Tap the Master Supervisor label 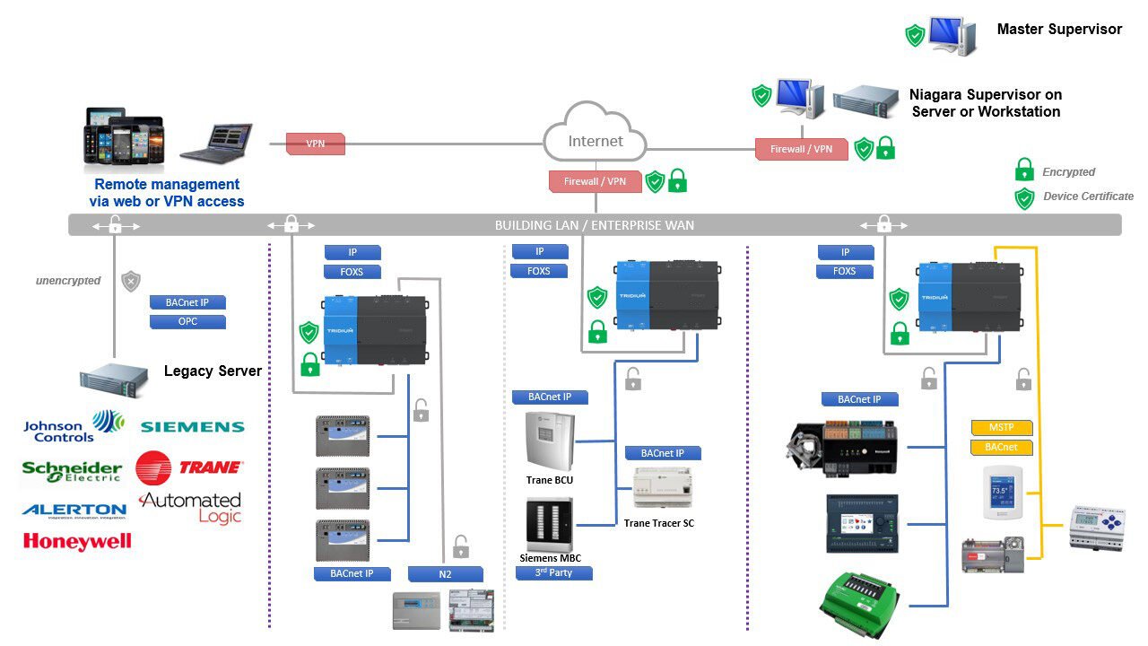[x=1059, y=30]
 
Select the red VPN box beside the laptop [x=316, y=144]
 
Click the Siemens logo [x=192, y=427]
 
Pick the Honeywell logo [x=77, y=541]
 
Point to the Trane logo [x=189, y=467]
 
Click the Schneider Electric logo [x=72, y=471]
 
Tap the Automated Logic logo [x=191, y=507]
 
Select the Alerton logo [x=74, y=511]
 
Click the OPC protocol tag [x=187, y=321]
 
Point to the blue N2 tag [x=446, y=574]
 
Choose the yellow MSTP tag [x=1002, y=427]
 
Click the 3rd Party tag [x=553, y=572]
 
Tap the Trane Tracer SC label [x=659, y=523]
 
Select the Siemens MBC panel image [x=549, y=525]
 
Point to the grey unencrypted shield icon [x=131, y=281]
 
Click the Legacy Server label [x=213, y=371]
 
